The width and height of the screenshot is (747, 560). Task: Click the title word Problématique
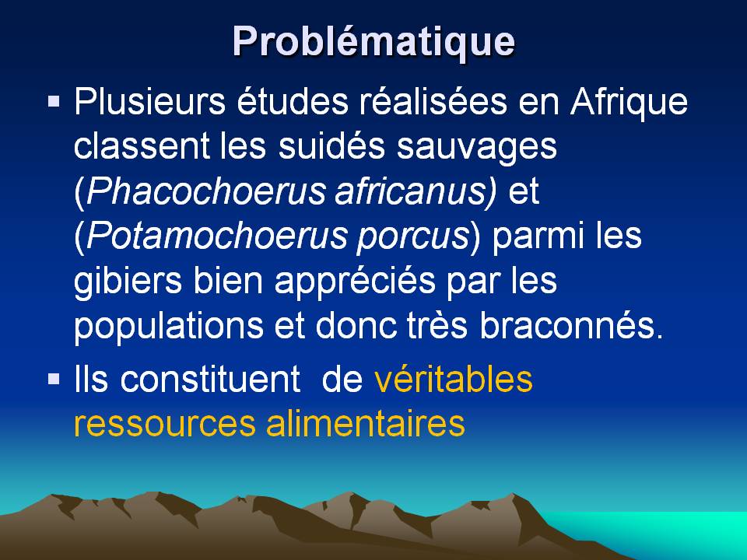(374, 42)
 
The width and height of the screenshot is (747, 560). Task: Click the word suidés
(332, 145)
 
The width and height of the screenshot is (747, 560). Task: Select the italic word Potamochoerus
(217, 236)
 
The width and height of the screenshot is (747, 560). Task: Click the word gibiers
(128, 282)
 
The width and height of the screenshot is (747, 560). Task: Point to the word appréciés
(356, 282)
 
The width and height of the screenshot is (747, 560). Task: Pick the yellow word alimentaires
(366, 423)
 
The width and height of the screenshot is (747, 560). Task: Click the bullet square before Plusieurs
(54, 101)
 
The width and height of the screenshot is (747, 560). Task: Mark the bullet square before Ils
(54, 379)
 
